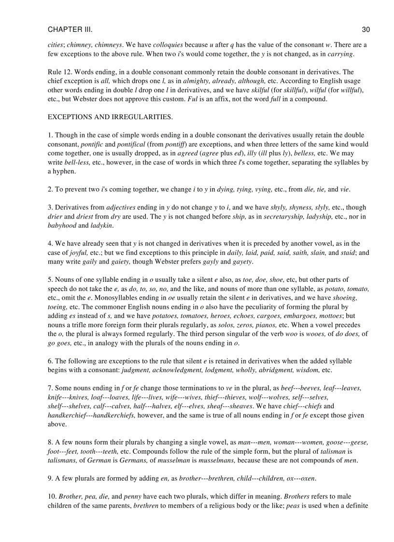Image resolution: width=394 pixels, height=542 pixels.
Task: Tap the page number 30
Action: (366, 30)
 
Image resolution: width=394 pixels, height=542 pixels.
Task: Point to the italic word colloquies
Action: (168, 45)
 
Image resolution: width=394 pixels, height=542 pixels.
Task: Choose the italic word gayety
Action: (242, 262)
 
